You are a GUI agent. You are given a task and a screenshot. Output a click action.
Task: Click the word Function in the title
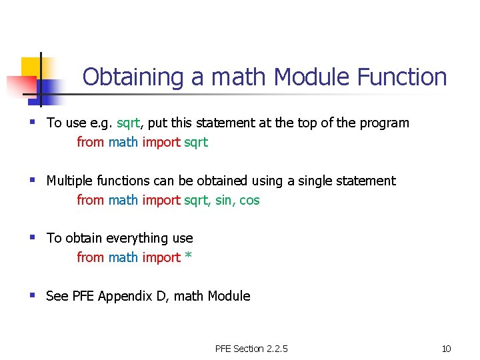pyautogui.click(x=402, y=77)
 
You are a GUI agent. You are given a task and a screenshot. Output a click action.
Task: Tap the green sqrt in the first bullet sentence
pyautogui.click(x=128, y=123)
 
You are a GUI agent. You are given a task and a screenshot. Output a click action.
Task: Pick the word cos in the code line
pyautogui.click(x=249, y=200)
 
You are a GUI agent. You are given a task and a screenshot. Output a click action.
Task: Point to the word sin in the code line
pyautogui.click(x=224, y=200)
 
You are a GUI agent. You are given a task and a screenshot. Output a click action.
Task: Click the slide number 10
pyautogui.click(x=447, y=349)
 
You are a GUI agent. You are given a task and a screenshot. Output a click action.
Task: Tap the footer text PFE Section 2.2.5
pyautogui.click(x=251, y=349)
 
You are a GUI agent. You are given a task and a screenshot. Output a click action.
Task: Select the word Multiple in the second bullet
pyautogui.click(x=70, y=181)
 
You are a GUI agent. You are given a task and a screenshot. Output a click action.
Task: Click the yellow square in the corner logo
pyautogui.click(x=31, y=67)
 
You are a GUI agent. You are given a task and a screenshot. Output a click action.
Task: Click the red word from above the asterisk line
pyautogui.click(x=90, y=257)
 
